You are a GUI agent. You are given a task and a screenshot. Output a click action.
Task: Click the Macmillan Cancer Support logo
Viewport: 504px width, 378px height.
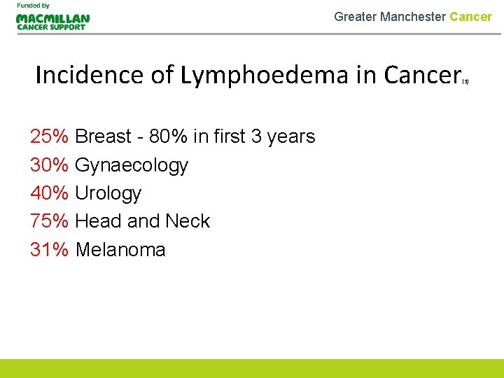(x=52, y=21)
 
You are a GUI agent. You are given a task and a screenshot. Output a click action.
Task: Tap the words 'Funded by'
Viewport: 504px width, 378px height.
(x=34, y=6)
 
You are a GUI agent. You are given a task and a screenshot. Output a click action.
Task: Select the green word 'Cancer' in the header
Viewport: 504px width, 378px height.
(x=471, y=16)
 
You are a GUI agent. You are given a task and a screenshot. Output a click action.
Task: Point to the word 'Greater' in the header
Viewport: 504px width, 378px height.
(x=355, y=16)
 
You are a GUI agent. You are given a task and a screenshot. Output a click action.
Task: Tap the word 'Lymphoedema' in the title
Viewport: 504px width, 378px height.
(x=265, y=75)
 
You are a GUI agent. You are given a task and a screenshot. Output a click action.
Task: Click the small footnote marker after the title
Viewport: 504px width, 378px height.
(x=465, y=82)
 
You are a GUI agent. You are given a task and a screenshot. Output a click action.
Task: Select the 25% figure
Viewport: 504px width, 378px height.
(x=49, y=136)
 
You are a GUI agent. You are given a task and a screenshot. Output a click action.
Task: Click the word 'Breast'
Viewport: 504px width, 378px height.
(x=104, y=136)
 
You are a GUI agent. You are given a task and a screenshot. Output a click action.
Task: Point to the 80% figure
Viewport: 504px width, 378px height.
(x=168, y=136)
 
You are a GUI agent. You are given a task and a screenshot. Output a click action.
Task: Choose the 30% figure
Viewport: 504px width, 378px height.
(x=49, y=165)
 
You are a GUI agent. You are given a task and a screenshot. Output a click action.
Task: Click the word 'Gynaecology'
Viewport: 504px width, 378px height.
(x=132, y=166)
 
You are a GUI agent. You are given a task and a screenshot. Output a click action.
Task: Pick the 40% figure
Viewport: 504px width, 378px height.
(x=49, y=193)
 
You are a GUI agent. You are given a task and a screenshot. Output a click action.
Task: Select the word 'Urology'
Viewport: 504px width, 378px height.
(x=108, y=194)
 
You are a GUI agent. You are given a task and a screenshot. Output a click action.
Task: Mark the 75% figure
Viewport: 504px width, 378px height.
(x=49, y=221)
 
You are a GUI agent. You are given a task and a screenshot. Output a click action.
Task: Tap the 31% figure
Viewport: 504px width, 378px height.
(x=49, y=249)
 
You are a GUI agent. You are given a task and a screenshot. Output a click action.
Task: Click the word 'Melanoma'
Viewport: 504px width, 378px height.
(x=120, y=249)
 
